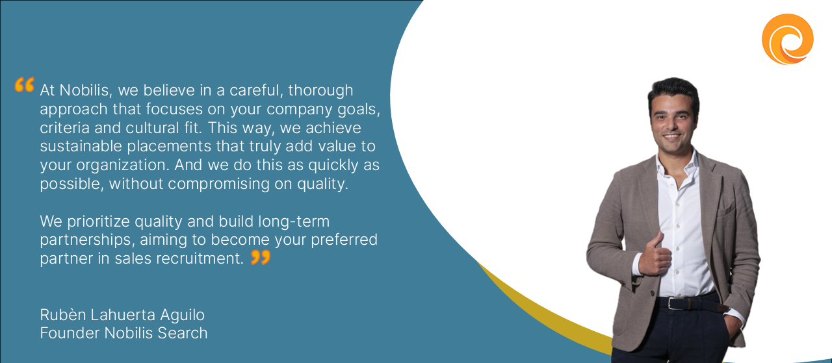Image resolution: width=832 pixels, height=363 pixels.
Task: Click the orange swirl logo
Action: tap(787, 39)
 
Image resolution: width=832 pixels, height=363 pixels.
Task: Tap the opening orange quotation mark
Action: tap(25, 84)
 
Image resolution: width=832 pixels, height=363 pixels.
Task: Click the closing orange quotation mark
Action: tap(261, 257)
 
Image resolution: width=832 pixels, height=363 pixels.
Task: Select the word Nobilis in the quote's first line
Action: tap(86, 90)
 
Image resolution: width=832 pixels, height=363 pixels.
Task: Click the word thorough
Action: tap(320, 90)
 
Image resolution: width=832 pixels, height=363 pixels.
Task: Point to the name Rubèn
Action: tap(63, 315)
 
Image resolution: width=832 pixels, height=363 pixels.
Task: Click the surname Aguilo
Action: tap(182, 315)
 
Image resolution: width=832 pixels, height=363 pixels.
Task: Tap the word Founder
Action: tap(70, 333)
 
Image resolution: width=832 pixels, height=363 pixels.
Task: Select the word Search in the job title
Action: tap(183, 333)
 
